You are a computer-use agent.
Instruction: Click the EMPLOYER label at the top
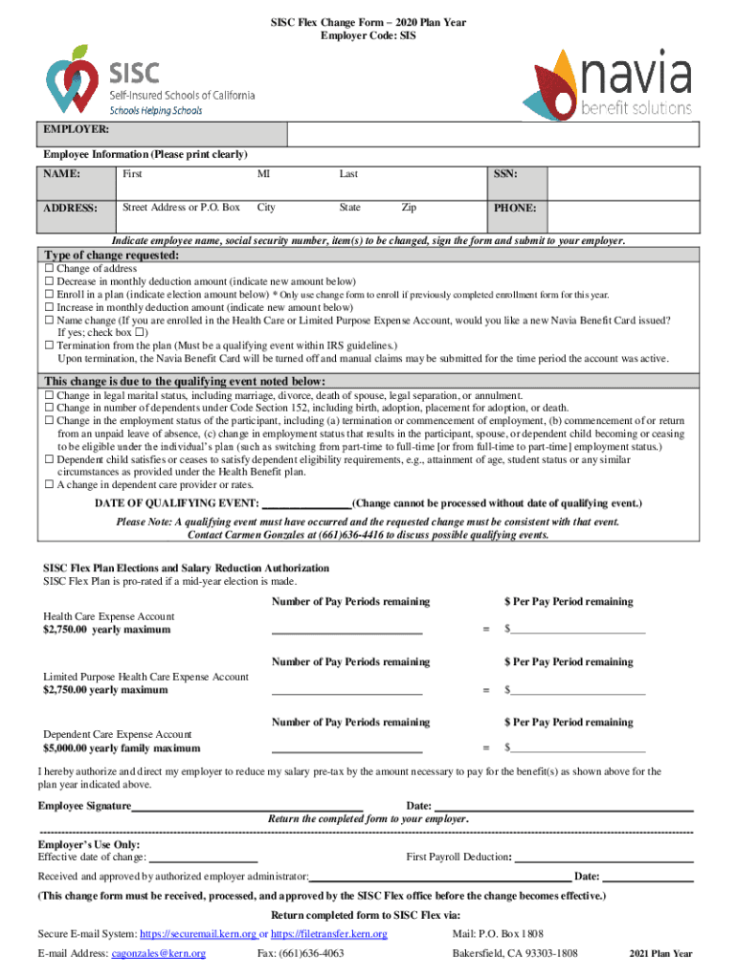click(x=75, y=128)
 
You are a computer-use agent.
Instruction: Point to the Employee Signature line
click(x=247, y=807)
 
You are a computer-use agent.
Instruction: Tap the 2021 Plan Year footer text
click(x=660, y=954)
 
